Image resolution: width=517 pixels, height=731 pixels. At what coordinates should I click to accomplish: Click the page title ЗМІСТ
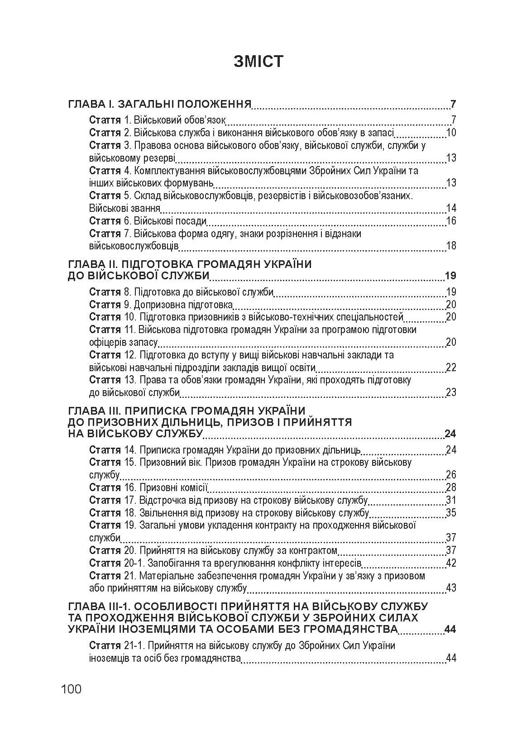pos(258,61)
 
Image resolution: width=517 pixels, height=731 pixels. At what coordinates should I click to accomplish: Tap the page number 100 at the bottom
pos(72,689)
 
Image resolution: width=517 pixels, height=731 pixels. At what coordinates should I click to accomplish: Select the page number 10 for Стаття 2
pos(451,133)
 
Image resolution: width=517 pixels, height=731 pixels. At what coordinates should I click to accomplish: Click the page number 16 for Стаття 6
pos(451,221)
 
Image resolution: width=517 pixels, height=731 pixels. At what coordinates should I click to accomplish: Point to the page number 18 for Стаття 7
pos(451,246)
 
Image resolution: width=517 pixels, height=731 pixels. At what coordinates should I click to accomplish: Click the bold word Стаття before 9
pos(105,304)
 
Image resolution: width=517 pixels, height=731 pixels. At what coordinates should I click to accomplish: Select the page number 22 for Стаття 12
pos(451,367)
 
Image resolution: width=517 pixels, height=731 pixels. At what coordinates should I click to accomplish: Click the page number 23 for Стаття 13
pos(451,392)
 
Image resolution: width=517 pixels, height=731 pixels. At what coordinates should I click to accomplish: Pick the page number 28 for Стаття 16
pos(451,487)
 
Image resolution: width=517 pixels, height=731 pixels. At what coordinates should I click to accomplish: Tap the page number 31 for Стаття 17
pos(451,500)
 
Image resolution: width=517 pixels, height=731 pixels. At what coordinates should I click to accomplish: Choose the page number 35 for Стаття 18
pos(451,513)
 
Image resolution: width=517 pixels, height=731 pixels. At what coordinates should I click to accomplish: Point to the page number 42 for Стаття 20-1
pos(451,563)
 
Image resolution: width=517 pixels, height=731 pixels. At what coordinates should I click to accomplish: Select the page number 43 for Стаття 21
pos(451,588)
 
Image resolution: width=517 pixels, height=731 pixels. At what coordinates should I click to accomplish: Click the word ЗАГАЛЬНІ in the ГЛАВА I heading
pos(144,104)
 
